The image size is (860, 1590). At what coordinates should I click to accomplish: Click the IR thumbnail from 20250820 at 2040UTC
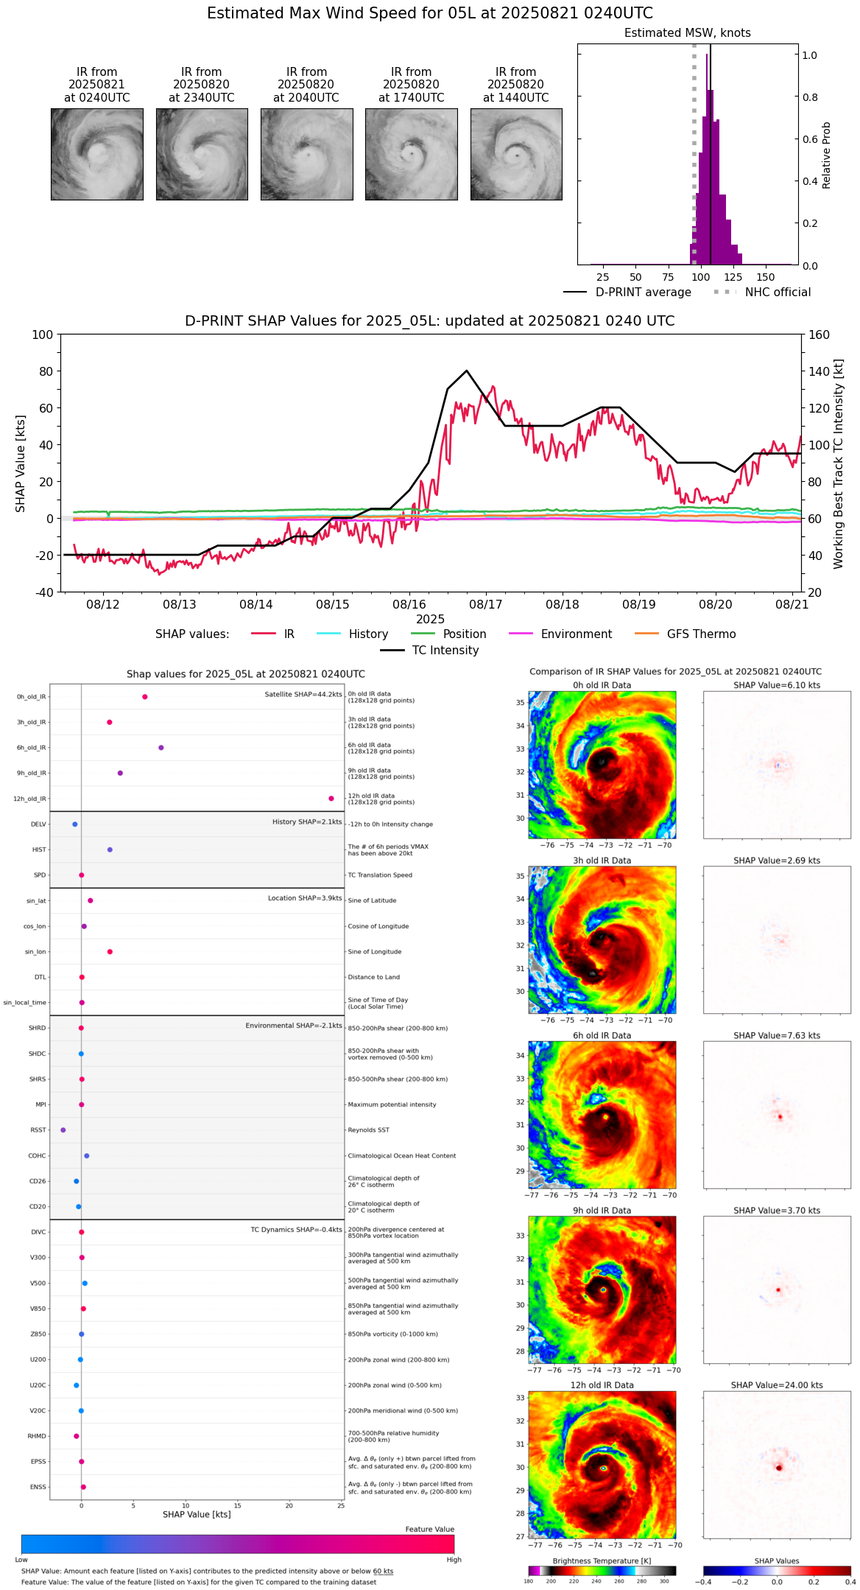tap(306, 154)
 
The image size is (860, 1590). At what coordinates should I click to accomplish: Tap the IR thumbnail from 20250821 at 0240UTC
tap(96, 154)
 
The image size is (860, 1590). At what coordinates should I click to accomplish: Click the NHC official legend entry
tap(778, 293)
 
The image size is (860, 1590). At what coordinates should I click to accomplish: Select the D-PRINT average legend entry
tap(643, 293)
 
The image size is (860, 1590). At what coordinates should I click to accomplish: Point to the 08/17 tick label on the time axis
tap(486, 604)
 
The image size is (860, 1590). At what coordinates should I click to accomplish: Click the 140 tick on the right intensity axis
tap(819, 371)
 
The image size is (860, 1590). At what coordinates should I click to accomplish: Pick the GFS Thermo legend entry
tap(701, 634)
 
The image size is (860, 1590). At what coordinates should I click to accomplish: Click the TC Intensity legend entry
tap(445, 651)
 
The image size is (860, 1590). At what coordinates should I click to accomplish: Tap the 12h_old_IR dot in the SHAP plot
tap(331, 799)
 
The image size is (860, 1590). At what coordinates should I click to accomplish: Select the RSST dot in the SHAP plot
tap(63, 1130)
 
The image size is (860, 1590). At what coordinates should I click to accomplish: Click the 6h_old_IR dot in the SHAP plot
tap(161, 748)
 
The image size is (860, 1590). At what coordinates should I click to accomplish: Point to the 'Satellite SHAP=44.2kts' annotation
tap(303, 695)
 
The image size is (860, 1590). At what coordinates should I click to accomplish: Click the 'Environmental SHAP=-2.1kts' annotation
tap(294, 1026)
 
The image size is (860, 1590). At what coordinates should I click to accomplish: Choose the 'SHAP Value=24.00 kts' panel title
tap(777, 1385)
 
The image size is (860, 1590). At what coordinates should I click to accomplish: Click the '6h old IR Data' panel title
tap(602, 1035)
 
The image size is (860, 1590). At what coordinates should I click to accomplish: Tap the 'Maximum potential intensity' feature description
tap(392, 1104)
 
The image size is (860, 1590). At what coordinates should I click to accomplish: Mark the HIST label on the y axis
tap(39, 850)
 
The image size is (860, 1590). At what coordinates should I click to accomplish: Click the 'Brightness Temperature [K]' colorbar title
tap(602, 1561)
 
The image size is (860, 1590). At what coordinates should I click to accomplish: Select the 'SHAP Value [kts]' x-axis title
tap(197, 1514)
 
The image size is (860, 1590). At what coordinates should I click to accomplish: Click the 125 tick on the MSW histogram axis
tap(733, 277)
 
